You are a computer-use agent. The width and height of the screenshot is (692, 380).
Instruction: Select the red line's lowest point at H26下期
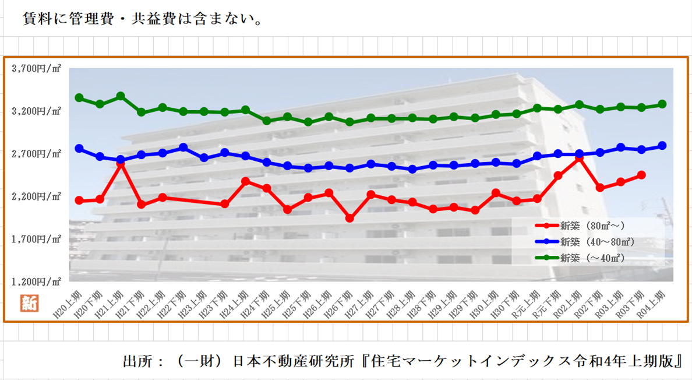(349, 218)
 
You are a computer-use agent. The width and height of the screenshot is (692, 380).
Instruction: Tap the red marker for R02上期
(579, 157)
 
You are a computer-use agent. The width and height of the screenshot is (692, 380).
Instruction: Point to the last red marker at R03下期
(641, 174)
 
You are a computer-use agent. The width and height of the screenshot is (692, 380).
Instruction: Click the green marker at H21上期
(121, 96)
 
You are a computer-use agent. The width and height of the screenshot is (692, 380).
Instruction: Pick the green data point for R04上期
(662, 104)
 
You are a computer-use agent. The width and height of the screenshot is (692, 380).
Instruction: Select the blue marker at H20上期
(79, 149)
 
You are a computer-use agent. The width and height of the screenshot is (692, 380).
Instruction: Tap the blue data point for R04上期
(662, 146)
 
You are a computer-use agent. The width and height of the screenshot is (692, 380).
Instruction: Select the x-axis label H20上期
(68, 302)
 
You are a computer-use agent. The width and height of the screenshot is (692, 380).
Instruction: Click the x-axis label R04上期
(651, 302)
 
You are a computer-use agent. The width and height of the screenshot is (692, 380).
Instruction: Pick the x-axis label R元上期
(526, 302)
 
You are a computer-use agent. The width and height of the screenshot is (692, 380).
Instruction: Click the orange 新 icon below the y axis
(29, 303)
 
